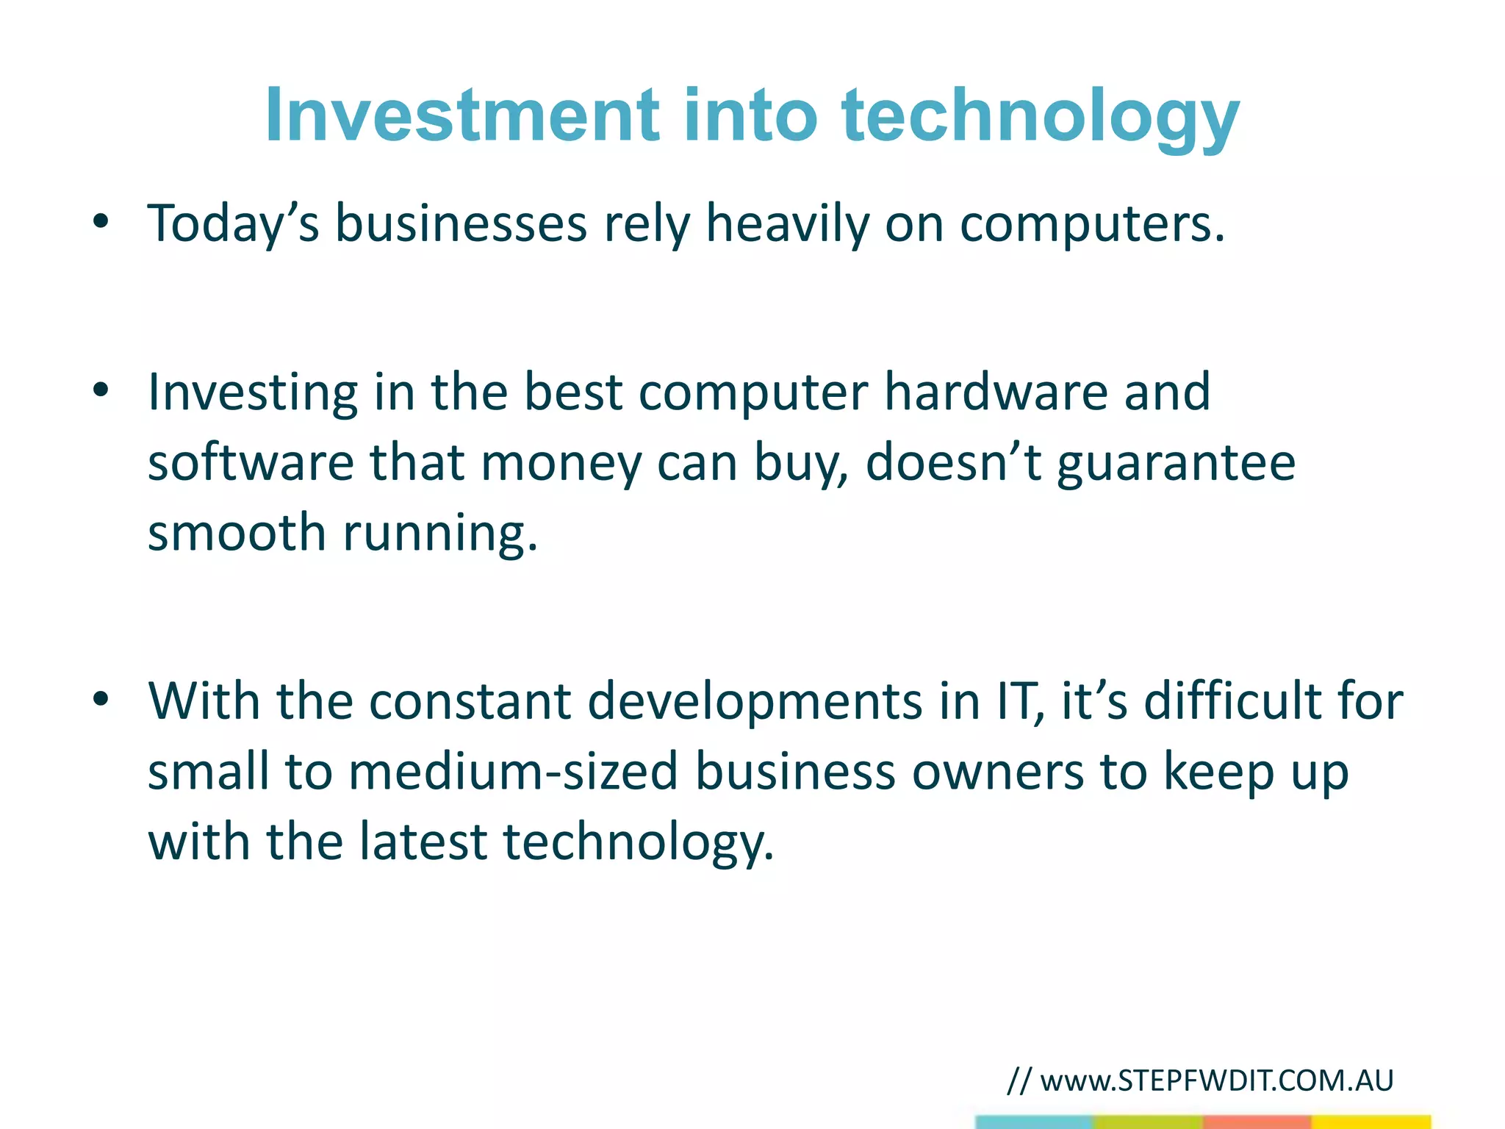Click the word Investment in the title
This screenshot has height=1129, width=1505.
tap(461, 115)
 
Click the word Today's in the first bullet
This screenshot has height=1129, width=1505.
tap(233, 223)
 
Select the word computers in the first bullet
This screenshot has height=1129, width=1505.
tap(1091, 224)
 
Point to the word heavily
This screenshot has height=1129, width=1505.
tap(786, 224)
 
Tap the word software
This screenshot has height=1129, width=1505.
tap(250, 462)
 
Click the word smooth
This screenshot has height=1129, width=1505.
tap(237, 532)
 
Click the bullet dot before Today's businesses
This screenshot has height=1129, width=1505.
tap(101, 221)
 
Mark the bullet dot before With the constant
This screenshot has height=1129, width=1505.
tap(101, 699)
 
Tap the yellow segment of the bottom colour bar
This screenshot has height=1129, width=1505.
tap(1371, 1122)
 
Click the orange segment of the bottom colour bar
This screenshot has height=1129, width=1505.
tap(1257, 1122)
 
